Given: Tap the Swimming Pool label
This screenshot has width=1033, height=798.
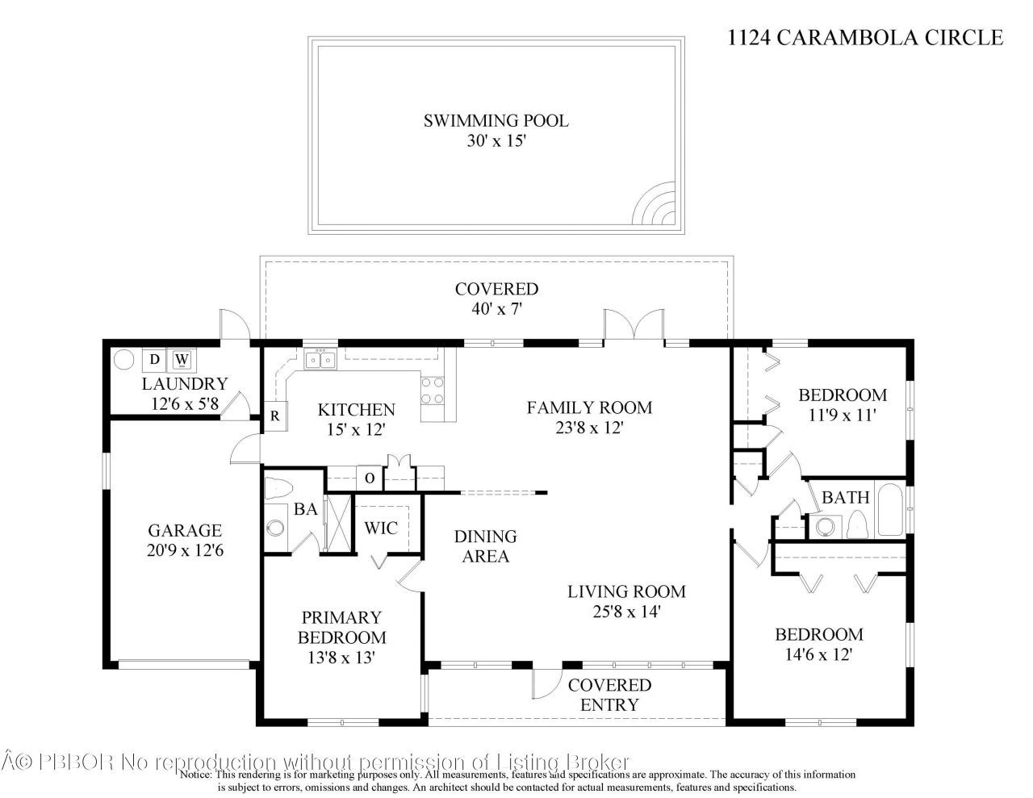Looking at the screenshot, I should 496,121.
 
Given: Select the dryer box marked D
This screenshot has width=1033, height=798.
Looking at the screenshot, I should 154,359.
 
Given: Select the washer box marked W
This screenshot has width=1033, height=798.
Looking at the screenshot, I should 182,359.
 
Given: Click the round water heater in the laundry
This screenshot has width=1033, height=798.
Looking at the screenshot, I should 123,359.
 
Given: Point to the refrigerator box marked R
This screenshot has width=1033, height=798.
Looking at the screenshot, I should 274,416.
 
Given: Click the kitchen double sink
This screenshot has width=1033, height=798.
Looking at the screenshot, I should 320,359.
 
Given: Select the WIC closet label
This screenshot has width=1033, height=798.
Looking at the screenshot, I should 381,529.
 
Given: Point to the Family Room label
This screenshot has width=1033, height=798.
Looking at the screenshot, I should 589,407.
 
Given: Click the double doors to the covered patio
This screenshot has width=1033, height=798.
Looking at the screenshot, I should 634,327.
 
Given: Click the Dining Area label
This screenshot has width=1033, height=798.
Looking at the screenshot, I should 485,546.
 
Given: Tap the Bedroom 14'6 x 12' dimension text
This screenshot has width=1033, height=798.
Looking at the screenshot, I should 818,654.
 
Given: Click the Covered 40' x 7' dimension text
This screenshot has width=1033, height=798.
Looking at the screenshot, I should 496,309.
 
